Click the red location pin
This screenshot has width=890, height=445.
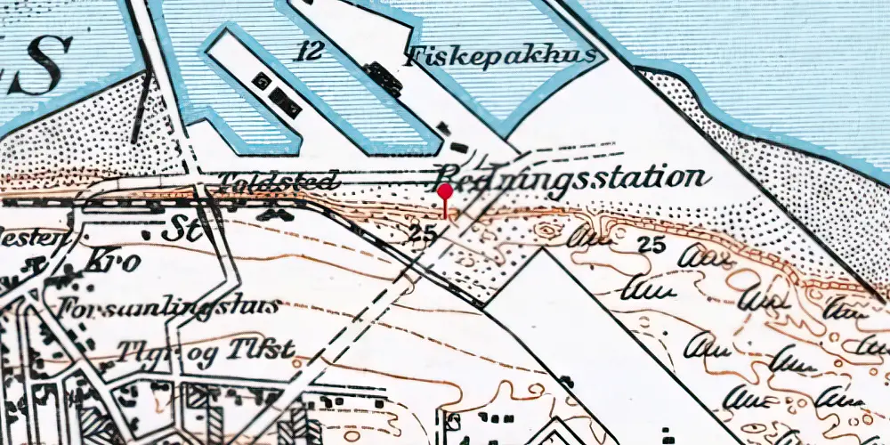(x=445, y=193)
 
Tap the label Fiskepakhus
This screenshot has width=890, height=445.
(x=502, y=58)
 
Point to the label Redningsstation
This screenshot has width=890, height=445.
(x=574, y=177)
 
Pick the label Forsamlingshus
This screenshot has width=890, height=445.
(x=169, y=307)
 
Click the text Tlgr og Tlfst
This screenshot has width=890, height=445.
(x=206, y=349)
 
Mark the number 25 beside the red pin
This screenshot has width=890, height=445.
(x=424, y=235)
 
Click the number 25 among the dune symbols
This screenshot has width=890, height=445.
(x=652, y=247)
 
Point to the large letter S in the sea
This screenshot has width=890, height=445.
(x=44, y=59)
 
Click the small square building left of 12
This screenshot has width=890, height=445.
(x=262, y=82)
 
